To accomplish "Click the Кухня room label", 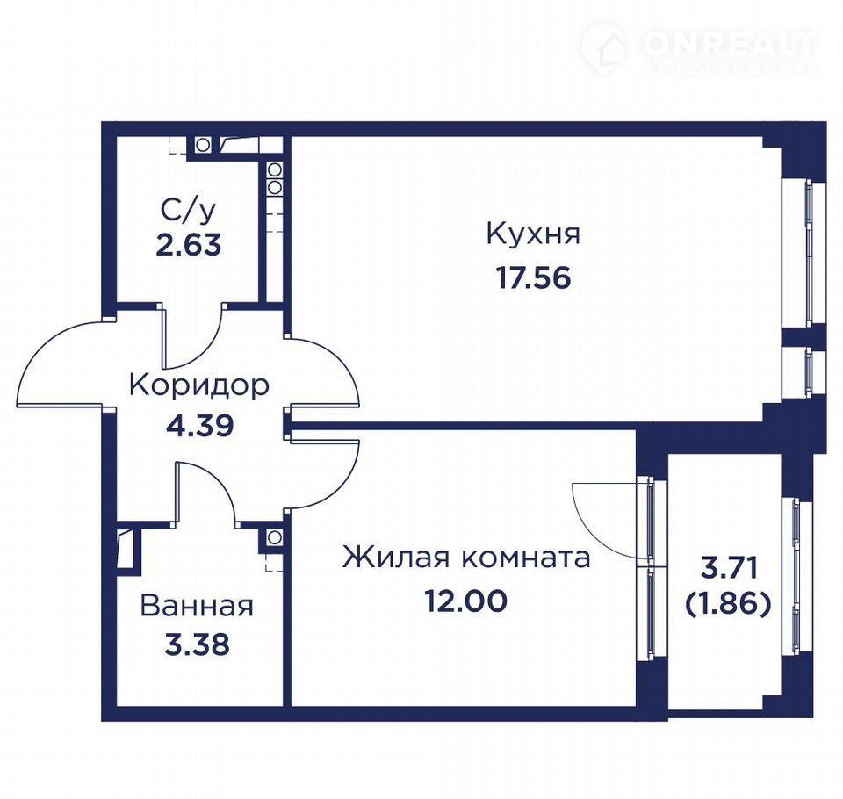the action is tap(533, 235).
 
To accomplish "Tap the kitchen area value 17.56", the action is tap(533, 278).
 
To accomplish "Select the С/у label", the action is tap(188, 210).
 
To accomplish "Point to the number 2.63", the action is tap(188, 246).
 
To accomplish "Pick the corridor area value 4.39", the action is tap(199, 426).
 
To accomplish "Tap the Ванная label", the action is tap(197, 606).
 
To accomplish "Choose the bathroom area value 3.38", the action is tap(197, 644).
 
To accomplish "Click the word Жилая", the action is tap(396, 558).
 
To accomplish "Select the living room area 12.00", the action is tap(466, 601).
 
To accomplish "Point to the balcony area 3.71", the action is tap(729, 568).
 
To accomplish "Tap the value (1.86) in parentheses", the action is tap(729, 605).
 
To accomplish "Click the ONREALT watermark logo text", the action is tap(729, 44).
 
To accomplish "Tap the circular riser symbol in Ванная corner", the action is tap(274, 536).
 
